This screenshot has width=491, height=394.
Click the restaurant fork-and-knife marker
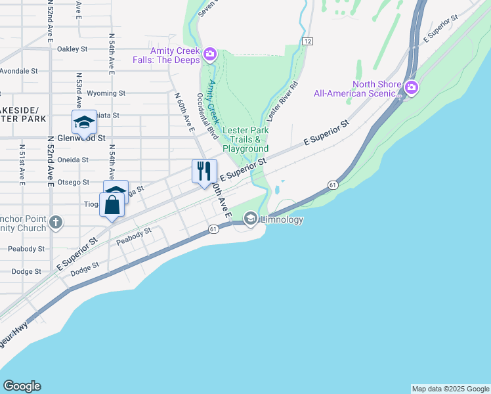[x=203, y=171]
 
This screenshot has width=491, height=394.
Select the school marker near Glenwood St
[x=84, y=122]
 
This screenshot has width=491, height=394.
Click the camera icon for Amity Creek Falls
[x=210, y=54]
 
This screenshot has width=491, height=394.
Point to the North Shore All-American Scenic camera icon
[x=412, y=87]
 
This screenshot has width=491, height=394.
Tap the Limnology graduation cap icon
[x=250, y=219]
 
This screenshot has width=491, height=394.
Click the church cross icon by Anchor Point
[x=56, y=223]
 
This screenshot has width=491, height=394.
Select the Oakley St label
[x=72, y=49]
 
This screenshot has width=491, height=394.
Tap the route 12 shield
[x=307, y=41]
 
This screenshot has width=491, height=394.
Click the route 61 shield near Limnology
[x=213, y=229]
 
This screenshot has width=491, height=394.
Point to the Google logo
[x=22, y=386]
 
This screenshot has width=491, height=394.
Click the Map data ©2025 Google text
[x=450, y=389]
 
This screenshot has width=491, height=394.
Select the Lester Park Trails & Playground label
[x=245, y=139]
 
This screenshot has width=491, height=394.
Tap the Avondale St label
[x=19, y=71]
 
